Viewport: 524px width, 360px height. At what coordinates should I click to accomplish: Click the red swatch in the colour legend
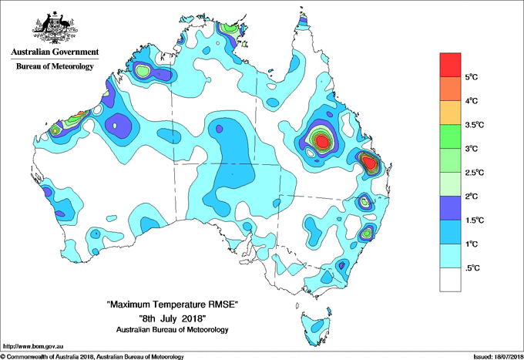click(450, 65)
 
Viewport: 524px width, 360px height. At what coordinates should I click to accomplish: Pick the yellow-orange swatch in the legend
click(450, 113)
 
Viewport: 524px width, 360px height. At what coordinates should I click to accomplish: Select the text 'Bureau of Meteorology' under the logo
click(55, 66)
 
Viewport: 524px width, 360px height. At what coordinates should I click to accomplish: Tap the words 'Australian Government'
click(55, 52)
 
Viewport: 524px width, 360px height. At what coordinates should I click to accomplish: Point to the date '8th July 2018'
click(173, 318)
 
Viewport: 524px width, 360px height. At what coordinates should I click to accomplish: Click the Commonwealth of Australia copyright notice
click(92, 355)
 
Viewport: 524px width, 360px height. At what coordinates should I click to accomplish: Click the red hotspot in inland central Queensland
click(321, 141)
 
